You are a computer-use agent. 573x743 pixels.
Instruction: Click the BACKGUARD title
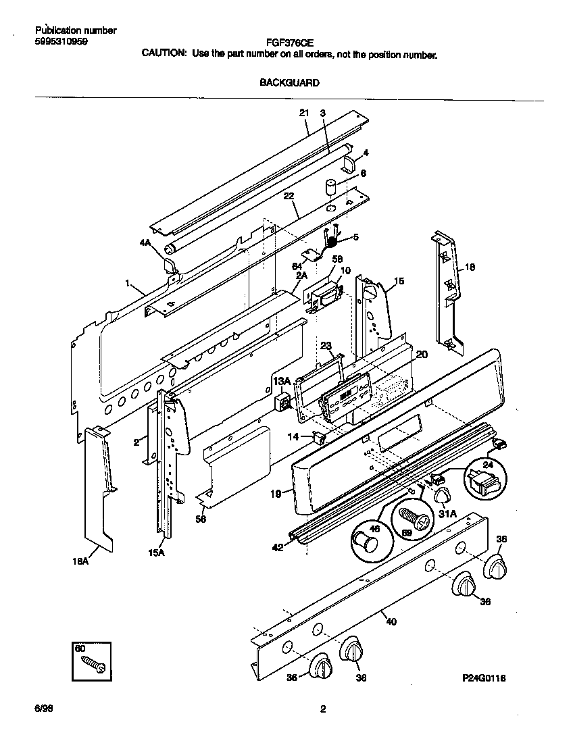point(289,83)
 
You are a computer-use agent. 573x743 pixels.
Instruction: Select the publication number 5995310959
point(60,41)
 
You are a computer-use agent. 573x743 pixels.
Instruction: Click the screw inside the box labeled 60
point(94,665)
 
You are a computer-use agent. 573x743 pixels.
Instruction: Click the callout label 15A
point(156,553)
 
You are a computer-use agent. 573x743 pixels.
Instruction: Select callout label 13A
point(281,382)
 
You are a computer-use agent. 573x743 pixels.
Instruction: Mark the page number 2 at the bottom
point(322,709)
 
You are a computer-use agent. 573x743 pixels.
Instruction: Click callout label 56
point(201,519)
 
